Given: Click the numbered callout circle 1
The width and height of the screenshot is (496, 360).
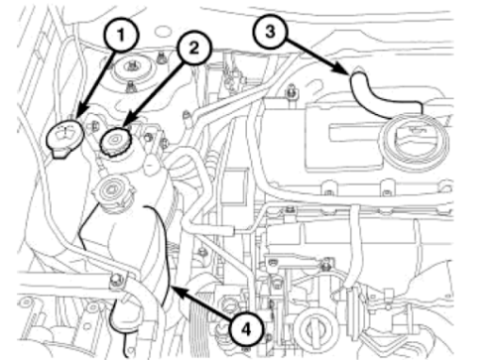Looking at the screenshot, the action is (121, 35).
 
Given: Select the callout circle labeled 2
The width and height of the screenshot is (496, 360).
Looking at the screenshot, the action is (193, 49).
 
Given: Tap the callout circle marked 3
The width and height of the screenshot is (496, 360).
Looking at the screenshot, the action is (270, 32).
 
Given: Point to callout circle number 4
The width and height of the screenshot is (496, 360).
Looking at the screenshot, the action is (247, 329).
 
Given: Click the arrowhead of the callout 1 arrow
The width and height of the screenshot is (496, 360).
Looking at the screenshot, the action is (80, 112).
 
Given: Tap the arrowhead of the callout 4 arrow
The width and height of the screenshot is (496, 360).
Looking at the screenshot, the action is (179, 291).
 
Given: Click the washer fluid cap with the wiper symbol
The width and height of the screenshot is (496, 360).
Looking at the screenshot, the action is (64, 138).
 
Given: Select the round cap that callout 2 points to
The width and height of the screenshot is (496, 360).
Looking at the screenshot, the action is (116, 142).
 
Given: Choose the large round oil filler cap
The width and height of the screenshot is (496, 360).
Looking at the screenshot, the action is (415, 142).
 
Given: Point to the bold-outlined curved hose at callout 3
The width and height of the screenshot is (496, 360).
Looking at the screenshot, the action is (374, 96).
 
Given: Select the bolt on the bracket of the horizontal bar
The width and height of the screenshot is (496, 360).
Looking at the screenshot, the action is (116, 280).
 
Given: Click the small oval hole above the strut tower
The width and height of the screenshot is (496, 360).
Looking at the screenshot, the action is (162, 32).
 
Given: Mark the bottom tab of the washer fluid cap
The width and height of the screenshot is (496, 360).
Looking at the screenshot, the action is (60, 154).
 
